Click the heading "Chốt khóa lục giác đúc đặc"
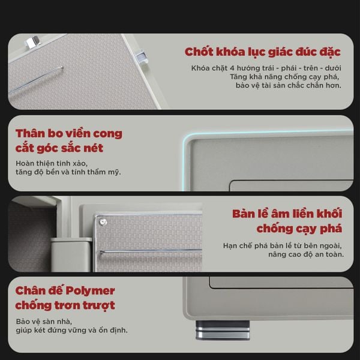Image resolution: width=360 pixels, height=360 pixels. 262,52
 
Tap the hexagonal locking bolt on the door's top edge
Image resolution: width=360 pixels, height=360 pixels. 32,42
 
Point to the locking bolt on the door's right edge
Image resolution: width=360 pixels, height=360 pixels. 141,57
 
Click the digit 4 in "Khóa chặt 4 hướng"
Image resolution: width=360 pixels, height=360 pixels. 232,68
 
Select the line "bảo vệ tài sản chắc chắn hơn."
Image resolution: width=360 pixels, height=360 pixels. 289,85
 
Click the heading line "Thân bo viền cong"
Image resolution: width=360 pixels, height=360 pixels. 69,134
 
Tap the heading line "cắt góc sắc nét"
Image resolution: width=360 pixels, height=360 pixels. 59,148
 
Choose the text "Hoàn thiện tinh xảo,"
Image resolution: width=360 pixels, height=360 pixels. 52,163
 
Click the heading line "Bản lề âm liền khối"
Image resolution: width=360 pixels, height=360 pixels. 287,214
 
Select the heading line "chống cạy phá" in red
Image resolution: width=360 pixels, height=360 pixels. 299,229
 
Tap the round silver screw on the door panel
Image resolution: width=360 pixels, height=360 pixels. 103,222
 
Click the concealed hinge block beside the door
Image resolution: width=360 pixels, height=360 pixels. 71,254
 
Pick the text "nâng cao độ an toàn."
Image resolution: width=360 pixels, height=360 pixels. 306,254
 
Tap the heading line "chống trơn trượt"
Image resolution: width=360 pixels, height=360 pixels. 65,305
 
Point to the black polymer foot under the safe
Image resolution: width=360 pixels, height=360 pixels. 223,330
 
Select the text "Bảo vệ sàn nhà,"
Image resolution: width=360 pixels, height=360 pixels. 44,322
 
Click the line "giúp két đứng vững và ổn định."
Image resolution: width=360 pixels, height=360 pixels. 71,330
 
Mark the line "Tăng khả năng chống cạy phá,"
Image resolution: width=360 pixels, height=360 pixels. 284,77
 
